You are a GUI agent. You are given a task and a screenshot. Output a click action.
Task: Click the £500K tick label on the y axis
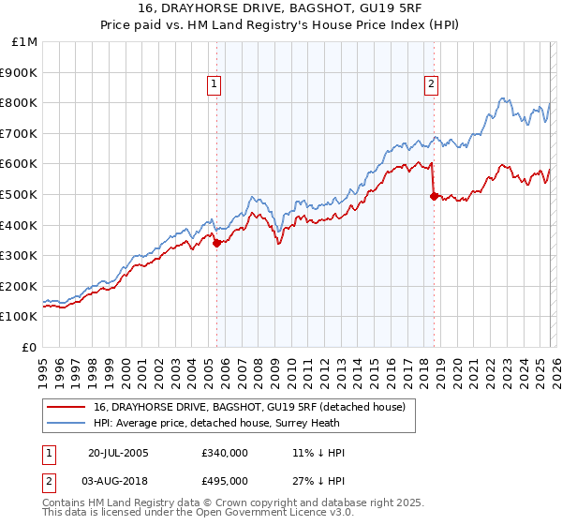(20, 194)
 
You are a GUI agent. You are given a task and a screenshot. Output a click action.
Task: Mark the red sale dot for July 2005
(216, 243)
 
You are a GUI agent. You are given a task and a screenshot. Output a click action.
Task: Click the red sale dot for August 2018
(433, 196)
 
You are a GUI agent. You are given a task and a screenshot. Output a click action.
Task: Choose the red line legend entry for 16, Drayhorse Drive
(248, 407)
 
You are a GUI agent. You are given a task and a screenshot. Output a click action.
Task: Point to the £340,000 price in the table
(224, 453)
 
